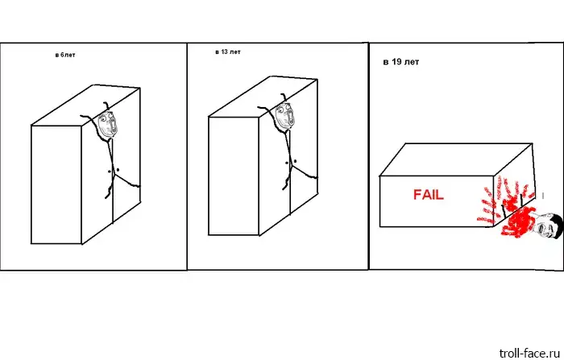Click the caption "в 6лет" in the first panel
pos(65,55)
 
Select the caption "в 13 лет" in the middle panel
pos(228,52)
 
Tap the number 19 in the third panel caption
pos(396,61)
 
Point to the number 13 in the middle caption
pos(225,52)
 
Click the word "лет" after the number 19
pos(412,62)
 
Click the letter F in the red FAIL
pos(417,195)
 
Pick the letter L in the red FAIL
pos(440,195)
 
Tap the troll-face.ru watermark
pos(529,354)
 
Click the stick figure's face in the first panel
pos(107,124)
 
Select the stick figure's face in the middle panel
pos(285,116)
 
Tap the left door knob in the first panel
pos(110,172)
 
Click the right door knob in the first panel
pos(118,169)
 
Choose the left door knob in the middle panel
pos(287,163)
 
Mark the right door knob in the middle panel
pos(295,161)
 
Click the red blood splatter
pos(511,209)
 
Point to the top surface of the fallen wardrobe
pos(456,159)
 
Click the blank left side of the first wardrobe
pos(56,184)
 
